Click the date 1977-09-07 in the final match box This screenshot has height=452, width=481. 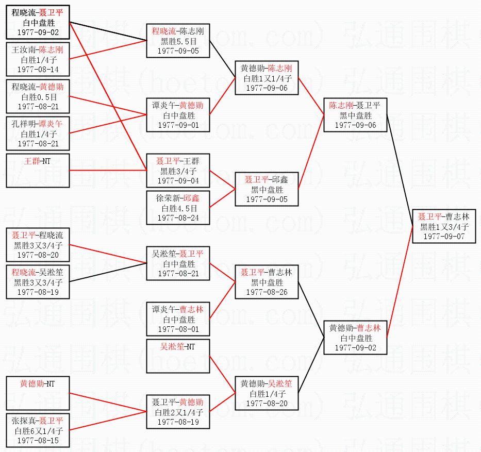[444, 236]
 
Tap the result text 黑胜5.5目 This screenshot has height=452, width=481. [178, 41]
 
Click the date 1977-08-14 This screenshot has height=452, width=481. [38, 69]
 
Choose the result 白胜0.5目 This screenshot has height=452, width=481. [38, 96]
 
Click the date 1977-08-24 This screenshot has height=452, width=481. [178, 217]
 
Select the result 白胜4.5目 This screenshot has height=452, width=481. [178, 208]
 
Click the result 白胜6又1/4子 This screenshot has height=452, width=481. [38, 430]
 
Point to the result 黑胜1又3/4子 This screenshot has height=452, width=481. [444, 226]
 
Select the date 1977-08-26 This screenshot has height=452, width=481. [267, 292]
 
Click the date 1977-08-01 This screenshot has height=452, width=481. [178, 329]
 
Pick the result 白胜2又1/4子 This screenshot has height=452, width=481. [178, 412]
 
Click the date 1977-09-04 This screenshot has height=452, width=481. [178, 180]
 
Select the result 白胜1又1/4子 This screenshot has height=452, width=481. [267, 78]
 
